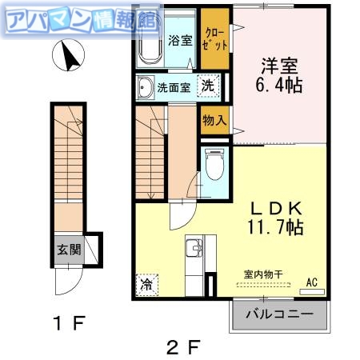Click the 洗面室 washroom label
[x=173, y=88]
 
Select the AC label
[x=314, y=282]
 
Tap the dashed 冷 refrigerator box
[x=146, y=284]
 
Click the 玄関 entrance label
[x=68, y=249]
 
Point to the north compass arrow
[x=68, y=57]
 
